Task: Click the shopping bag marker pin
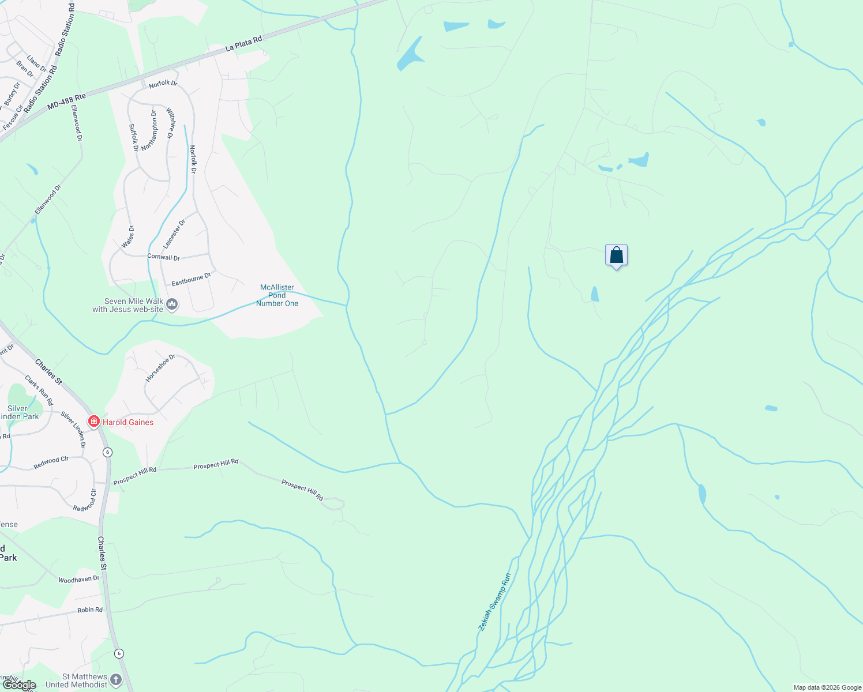tap(616, 255)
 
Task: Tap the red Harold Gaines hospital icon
tap(93, 422)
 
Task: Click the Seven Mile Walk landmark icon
tap(172, 304)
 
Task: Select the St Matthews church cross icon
tap(116, 680)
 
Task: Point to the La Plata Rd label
tap(243, 44)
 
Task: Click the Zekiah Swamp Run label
tap(494, 601)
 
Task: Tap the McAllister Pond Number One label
tap(277, 295)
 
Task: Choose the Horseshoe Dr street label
tap(160, 368)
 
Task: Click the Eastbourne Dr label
tap(192, 280)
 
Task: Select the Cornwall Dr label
tap(163, 257)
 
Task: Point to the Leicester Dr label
tap(174, 234)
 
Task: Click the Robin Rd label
tap(90, 610)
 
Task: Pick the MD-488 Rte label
tap(66, 101)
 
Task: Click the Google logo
tap(20, 685)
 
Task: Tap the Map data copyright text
tap(827, 687)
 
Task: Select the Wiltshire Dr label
tap(170, 123)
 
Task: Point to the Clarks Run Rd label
tap(39, 390)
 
